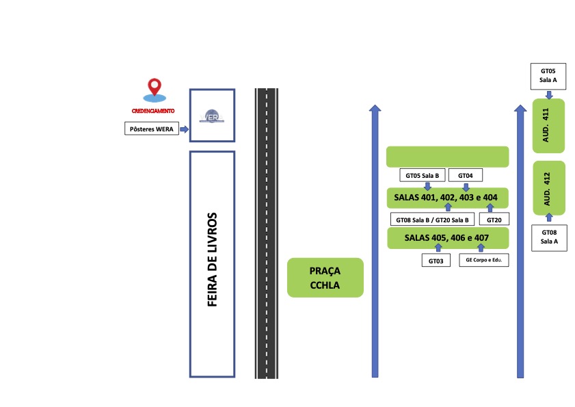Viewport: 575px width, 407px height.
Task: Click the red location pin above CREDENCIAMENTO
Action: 155,88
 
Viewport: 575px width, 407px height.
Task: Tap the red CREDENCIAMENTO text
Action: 153,111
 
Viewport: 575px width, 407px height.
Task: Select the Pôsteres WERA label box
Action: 152,129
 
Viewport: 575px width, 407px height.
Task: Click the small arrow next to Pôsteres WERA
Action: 184,129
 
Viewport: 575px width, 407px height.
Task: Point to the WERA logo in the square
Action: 212,116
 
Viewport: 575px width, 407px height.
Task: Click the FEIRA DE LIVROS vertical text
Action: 213,259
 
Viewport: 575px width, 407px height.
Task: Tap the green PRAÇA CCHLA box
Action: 325,278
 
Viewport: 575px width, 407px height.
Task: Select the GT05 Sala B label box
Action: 423,175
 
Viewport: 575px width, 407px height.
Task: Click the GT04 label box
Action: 466,175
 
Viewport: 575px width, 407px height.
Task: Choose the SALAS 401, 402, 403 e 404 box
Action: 448,198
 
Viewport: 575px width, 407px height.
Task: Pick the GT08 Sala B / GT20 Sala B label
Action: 432,220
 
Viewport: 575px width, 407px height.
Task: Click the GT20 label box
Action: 494,220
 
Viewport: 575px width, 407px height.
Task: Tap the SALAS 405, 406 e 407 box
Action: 448,238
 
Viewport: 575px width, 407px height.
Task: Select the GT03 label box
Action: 436,261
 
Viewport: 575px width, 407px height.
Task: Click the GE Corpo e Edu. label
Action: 484,260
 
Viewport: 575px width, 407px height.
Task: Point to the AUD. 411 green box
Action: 548,125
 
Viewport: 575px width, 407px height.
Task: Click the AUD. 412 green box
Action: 549,188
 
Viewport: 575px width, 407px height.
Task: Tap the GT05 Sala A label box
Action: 548,76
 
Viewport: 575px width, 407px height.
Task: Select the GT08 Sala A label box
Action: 549,237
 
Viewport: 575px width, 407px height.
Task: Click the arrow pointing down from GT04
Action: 466,187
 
